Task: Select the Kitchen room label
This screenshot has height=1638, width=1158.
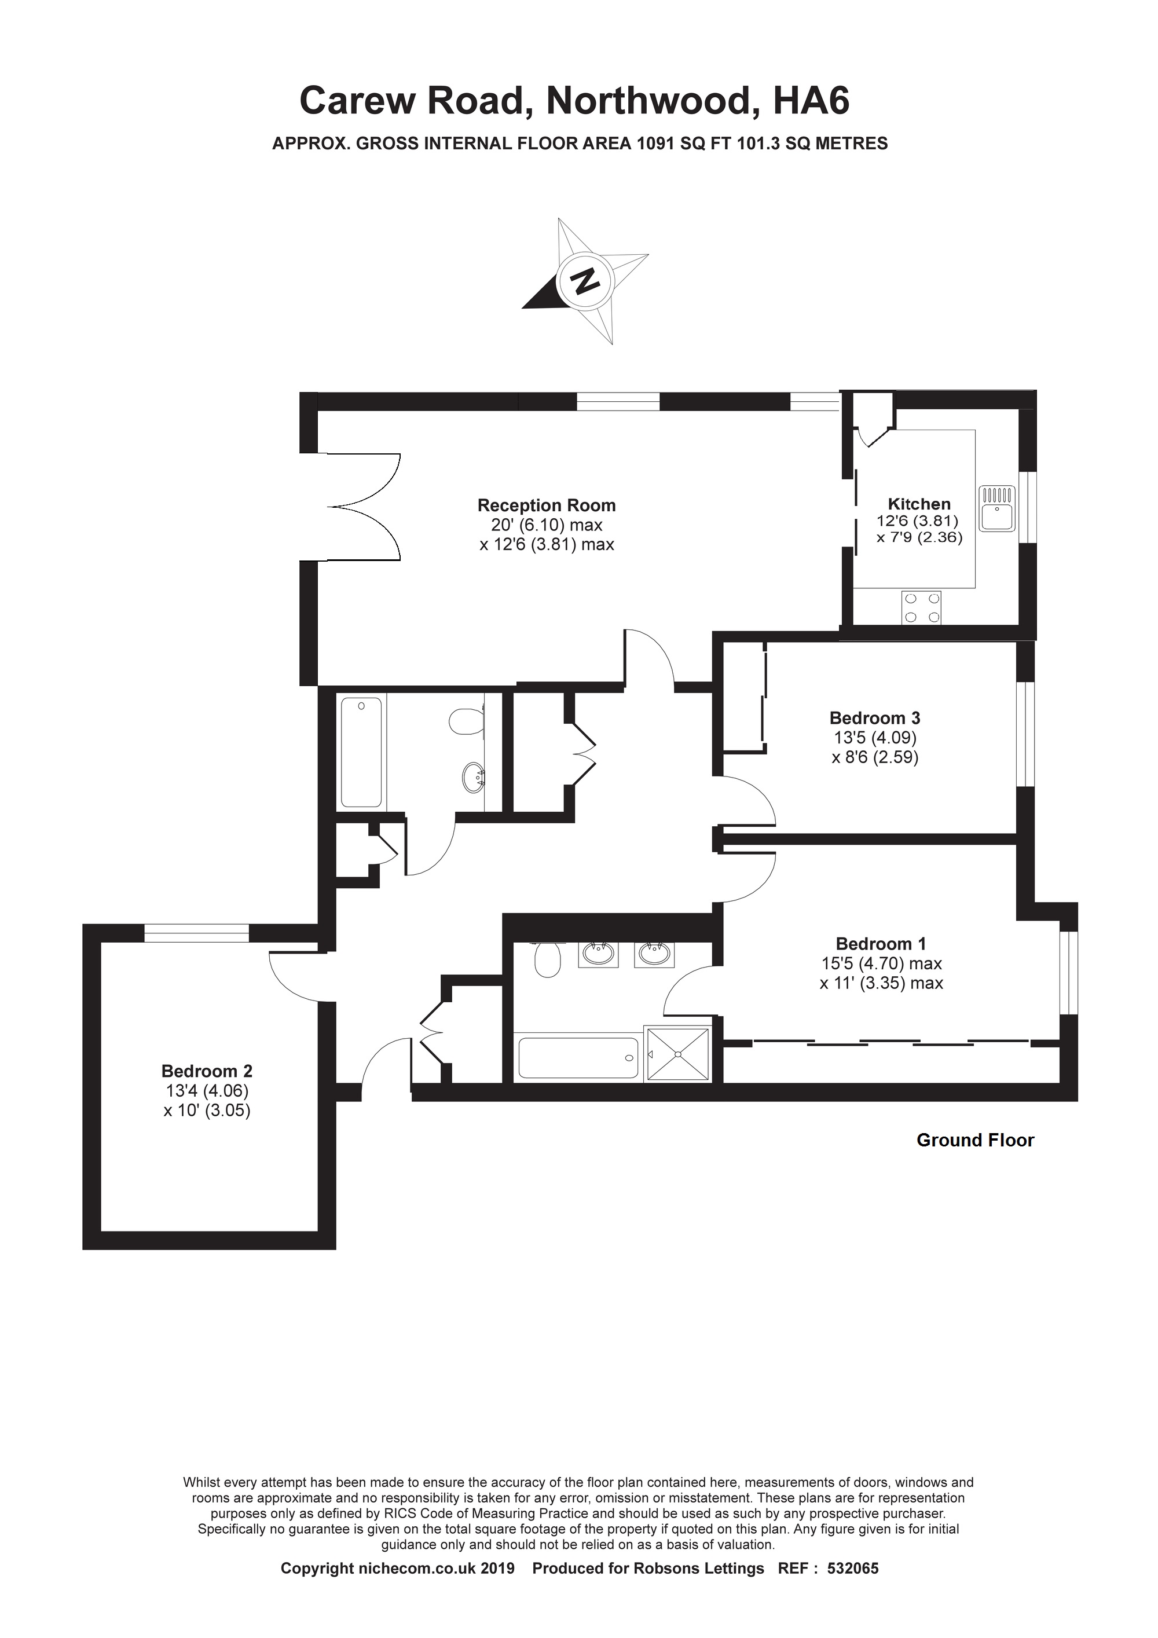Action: point(919,504)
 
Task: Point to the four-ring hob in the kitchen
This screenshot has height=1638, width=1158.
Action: point(921,608)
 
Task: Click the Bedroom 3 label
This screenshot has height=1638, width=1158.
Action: point(875,718)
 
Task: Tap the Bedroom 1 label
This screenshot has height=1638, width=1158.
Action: point(881,944)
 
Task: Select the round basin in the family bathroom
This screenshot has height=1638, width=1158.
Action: point(474,777)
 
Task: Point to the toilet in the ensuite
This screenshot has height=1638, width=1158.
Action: point(548,960)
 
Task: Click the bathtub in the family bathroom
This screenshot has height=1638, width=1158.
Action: point(362,752)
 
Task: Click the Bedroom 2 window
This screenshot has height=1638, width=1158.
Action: point(196,933)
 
